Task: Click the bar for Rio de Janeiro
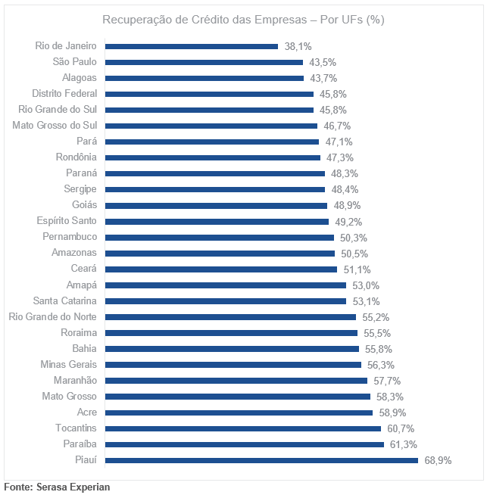(x=191, y=46)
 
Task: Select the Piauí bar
(x=261, y=459)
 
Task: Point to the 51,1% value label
(x=354, y=269)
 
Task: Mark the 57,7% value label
(x=385, y=380)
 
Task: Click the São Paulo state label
(x=74, y=62)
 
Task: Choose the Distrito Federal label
(x=64, y=94)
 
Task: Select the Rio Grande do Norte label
(x=52, y=316)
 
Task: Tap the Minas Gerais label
(x=68, y=364)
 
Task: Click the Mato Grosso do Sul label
(x=55, y=126)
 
